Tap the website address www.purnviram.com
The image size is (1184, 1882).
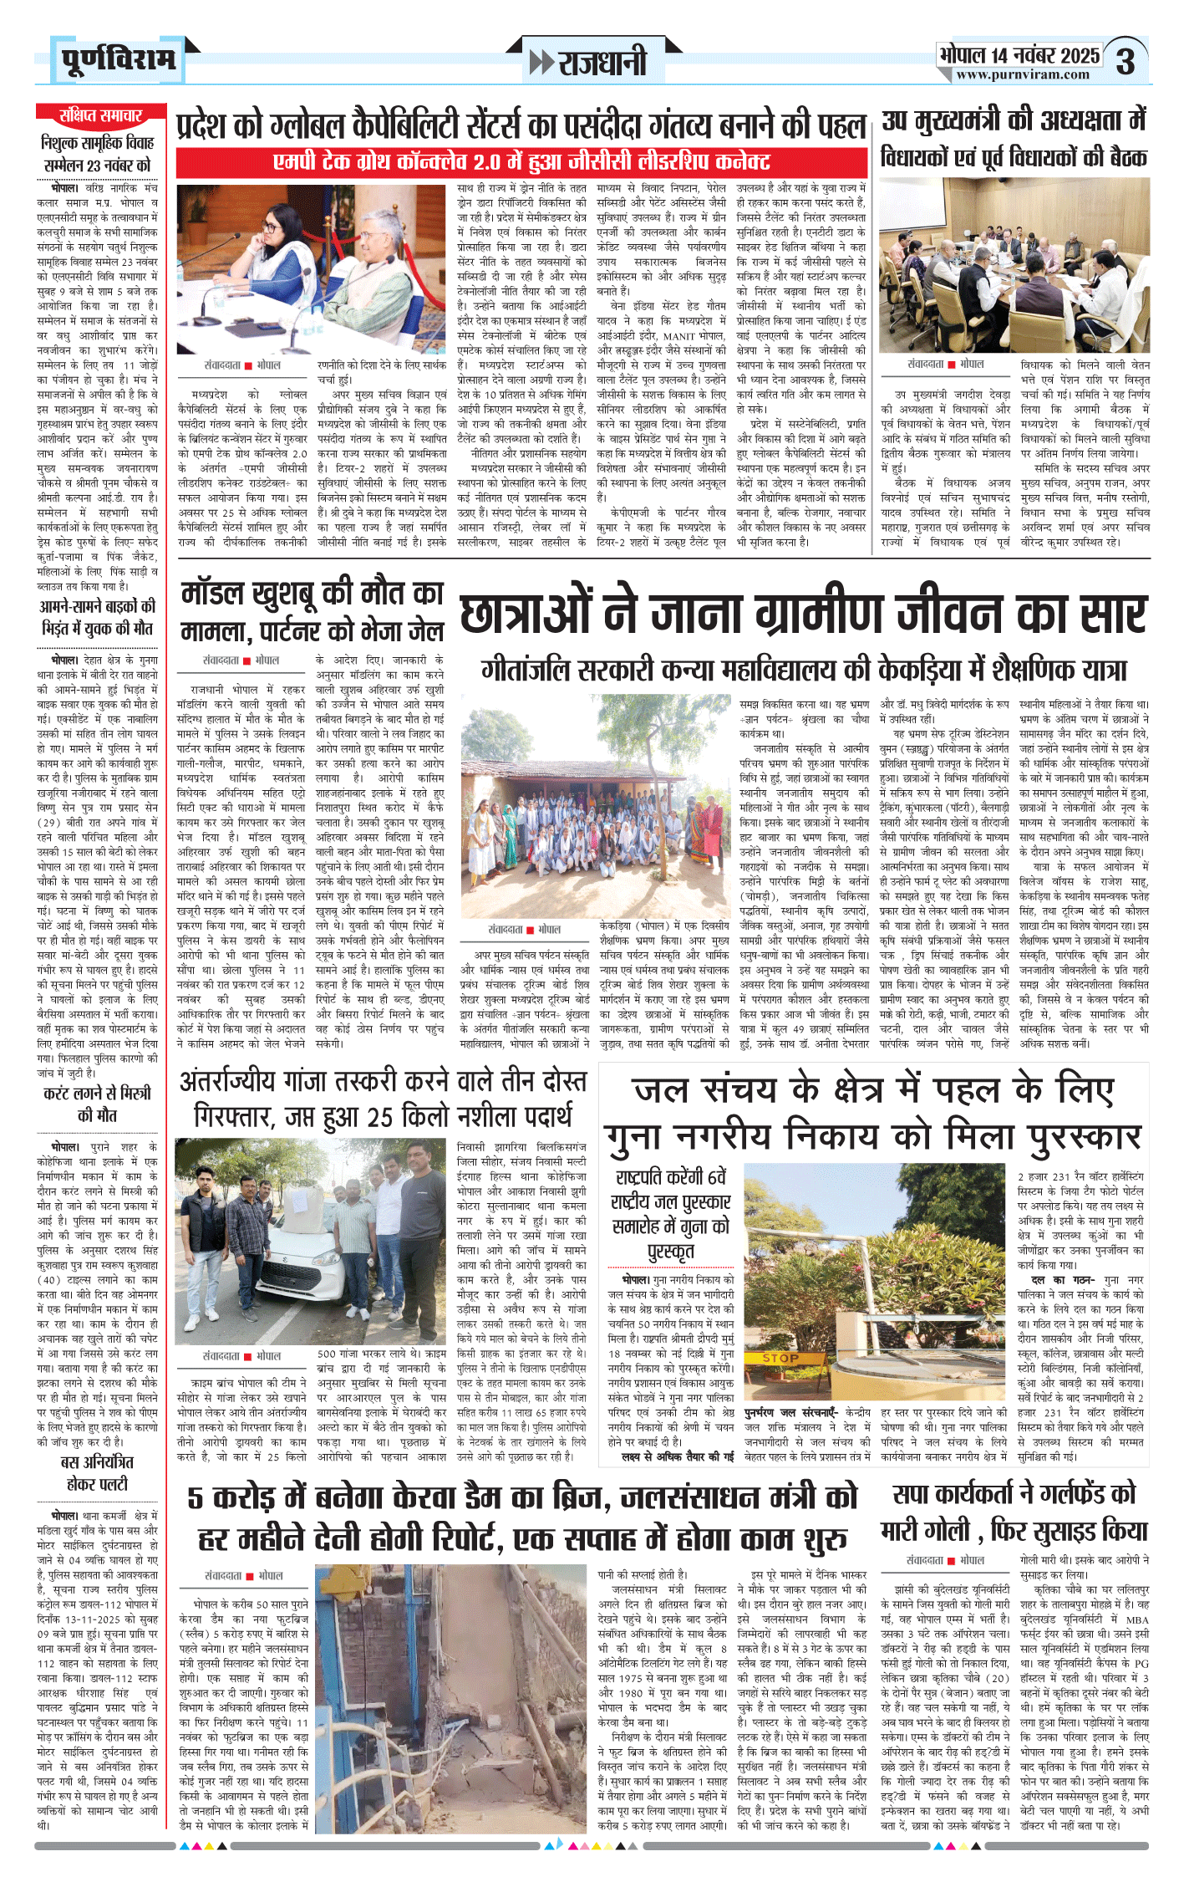(x=1023, y=75)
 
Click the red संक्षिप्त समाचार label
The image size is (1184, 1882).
(x=100, y=115)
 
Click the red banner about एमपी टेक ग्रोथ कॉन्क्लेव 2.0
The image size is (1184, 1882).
(x=521, y=162)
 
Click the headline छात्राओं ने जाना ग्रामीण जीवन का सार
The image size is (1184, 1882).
(x=803, y=615)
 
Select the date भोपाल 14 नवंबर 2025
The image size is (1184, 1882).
(x=1019, y=55)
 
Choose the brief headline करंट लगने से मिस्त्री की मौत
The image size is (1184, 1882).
(x=98, y=1104)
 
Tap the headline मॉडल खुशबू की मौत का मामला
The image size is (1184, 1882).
(x=313, y=610)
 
